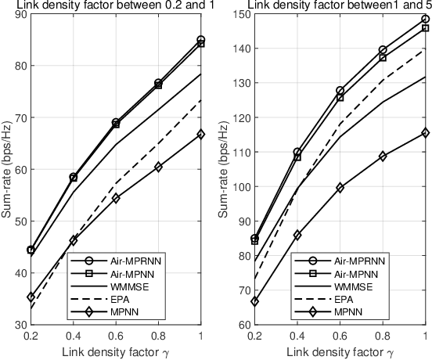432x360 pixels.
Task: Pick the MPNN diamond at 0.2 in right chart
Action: [254, 301]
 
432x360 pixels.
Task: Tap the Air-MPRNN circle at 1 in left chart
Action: [201, 40]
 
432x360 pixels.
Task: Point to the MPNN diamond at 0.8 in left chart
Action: [158, 167]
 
